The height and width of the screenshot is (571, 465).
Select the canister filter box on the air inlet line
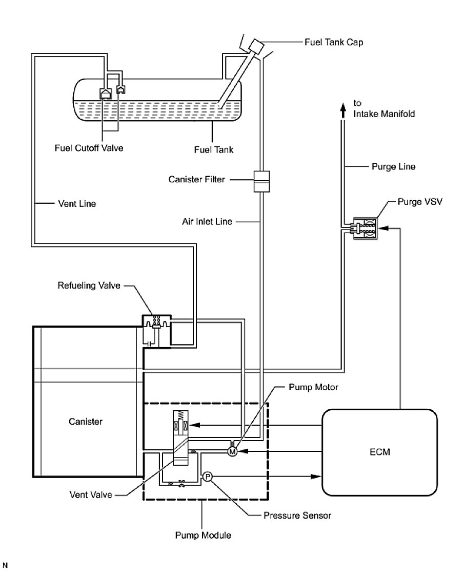point(261,181)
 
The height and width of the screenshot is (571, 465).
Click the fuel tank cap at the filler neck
point(255,46)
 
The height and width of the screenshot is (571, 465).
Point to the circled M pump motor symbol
point(232,451)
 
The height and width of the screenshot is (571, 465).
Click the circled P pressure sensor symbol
point(208,477)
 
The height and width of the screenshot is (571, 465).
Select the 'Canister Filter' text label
point(197,180)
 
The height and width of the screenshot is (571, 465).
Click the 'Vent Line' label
point(76,204)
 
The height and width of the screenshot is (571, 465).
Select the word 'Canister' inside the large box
point(86,422)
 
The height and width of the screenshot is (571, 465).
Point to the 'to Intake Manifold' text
point(384,108)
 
